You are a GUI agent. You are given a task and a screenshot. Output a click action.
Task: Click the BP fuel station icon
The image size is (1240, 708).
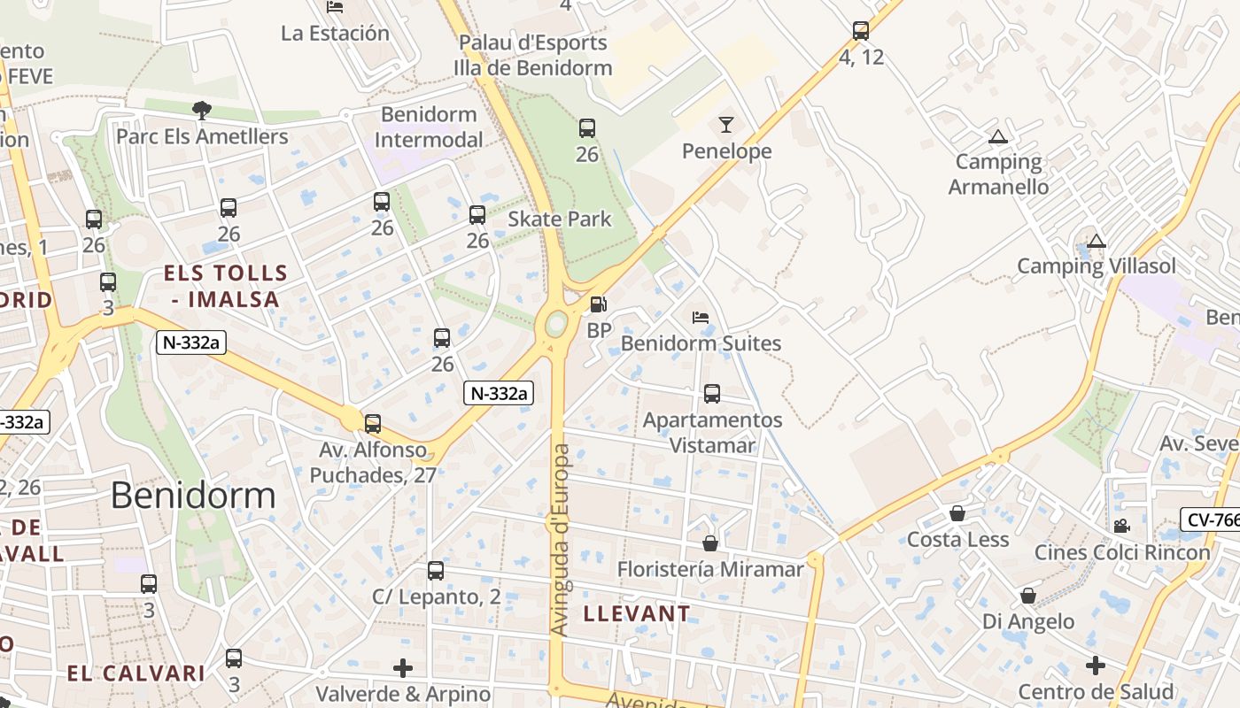599,304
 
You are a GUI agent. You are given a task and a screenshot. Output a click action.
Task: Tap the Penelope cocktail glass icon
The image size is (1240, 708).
726,125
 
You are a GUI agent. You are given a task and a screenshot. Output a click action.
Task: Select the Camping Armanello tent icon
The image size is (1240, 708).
998,137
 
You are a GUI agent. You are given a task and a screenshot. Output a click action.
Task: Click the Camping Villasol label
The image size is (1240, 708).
1096,266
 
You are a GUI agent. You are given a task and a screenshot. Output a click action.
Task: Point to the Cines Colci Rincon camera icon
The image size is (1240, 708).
1121,526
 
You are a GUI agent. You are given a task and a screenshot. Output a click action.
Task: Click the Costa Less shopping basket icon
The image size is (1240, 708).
957,513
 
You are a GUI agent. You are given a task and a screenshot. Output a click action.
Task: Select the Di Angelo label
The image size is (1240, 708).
1027,621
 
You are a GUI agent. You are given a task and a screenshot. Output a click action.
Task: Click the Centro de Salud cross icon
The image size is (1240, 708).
1096,666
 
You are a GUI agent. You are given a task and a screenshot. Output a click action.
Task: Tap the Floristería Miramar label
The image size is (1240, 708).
710,569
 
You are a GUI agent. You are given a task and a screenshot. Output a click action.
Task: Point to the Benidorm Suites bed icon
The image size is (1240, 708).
701,317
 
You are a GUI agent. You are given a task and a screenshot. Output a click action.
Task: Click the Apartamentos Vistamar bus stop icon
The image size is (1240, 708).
712,394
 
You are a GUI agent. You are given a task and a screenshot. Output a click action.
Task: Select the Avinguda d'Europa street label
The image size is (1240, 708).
560,540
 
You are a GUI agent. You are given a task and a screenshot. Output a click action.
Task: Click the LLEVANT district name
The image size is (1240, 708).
637,613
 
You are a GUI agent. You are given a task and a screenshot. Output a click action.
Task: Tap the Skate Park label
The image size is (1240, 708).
559,219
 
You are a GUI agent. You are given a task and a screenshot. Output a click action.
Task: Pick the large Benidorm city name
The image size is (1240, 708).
193,496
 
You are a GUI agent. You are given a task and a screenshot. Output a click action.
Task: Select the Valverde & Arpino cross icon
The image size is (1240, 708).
403,667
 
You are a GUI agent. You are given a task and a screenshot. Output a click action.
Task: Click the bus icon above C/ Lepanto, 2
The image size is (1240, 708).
435,571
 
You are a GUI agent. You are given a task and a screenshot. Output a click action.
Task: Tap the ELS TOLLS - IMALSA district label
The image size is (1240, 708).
226,286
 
